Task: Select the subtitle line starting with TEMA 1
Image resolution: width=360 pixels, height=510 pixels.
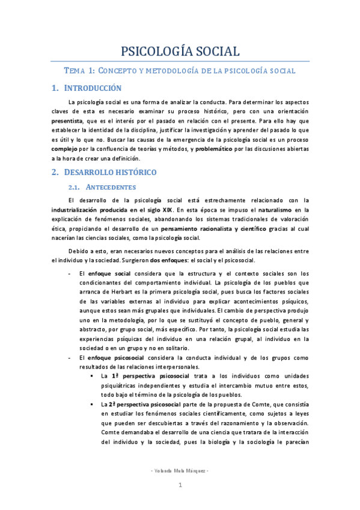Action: pyautogui.click(x=180, y=70)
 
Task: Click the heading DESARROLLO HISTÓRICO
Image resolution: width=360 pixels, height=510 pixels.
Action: pyautogui.click(x=110, y=172)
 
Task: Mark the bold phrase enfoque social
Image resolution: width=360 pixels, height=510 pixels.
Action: pyautogui.click(x=109, y=274)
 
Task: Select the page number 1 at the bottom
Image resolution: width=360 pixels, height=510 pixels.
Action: pyautogui.click(x=179, y=484)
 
